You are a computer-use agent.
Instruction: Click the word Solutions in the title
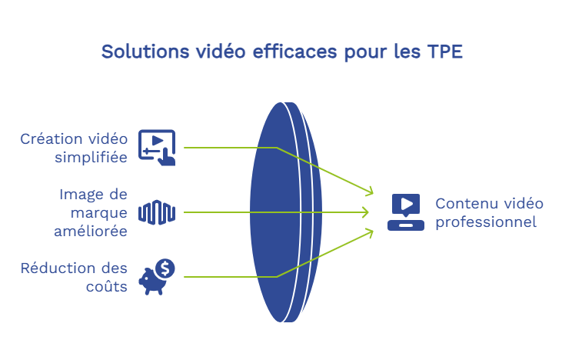(145, 51)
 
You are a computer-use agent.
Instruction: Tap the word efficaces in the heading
(294, 51)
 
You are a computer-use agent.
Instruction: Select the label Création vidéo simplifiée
(74, 148)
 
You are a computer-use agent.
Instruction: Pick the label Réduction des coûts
(74, 277)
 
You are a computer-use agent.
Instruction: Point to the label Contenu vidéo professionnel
(489, 212)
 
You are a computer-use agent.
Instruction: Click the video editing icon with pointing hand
(157, 148)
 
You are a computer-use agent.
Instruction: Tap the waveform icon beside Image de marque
(157, 212)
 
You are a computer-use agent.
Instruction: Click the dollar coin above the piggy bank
(165, 268)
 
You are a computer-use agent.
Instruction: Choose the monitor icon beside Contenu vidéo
(406, 212)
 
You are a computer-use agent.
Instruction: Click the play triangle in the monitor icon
(407, 204)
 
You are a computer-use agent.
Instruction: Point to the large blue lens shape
(286, 212)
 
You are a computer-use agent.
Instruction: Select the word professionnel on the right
(486, 222)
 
